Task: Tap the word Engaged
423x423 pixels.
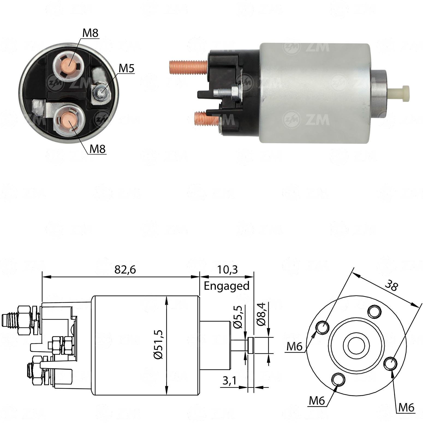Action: [227, 286]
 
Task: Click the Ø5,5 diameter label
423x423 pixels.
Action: [238, 317]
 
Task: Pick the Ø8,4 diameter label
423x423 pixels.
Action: [262, 314]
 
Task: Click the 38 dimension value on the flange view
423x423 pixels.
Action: [392, 286]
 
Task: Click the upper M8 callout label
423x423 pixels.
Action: [90, 33]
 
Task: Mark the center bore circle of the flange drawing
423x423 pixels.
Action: [356, 346]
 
